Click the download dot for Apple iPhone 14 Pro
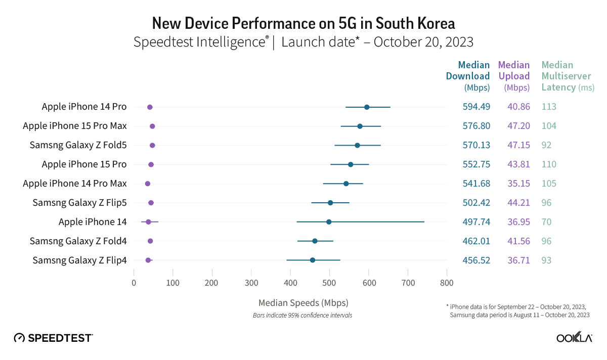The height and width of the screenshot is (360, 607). click(367, 107)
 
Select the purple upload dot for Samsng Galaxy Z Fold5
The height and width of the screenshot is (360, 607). click(152, 146)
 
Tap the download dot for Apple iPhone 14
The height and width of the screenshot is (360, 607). click(329, 222)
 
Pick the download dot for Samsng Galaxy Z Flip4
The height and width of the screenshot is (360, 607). click(313, 260)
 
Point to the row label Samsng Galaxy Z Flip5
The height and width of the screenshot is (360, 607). click(79, 203)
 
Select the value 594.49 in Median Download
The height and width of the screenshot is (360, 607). click(476, 107)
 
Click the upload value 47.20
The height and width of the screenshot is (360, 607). click(519, 126)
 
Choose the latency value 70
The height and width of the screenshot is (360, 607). click(546, 222)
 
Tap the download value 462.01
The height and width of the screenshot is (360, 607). click(476, 241)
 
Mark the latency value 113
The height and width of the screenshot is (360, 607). click(549, 107)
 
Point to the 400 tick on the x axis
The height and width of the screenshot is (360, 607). click(290, 283)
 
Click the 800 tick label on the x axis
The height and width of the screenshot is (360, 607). click(447, 283)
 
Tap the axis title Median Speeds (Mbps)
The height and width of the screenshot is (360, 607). click(303, 303)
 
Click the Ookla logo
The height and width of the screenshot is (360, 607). click(574, 338)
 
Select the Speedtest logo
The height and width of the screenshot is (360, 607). click(53, 338)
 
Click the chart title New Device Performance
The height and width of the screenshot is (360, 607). click(303, 23)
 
